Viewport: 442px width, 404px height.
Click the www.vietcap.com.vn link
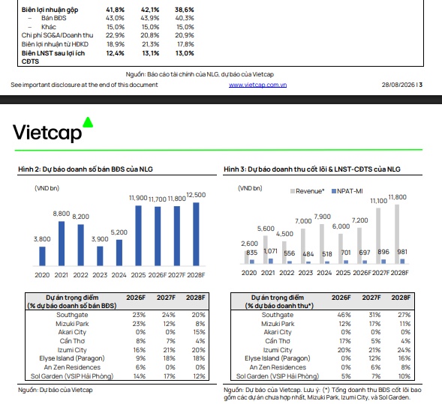click(x=257, y=85)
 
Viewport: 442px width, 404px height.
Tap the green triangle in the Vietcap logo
click(x=88, y=122)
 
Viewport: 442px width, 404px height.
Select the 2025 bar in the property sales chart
click(x=138, y=235)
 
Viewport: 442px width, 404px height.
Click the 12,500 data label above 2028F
click(x=196, y=195)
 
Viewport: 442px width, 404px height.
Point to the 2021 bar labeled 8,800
click(x=62, y=244)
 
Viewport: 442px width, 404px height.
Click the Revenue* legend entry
click(x=308, y=191)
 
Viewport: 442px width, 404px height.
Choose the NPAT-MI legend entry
click(x=347, y=191)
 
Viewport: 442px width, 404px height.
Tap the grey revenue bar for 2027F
click(x=378, y=236)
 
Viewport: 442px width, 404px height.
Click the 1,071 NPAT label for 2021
click(x=271, y=251)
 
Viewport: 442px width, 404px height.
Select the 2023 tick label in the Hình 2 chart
click(x=100, y=275)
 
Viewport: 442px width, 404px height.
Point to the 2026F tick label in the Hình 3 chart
click(x=362, y=273)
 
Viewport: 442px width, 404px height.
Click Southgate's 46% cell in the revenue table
click(x=344, y=315)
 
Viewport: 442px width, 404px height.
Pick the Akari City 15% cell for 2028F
click(x=200, y=332)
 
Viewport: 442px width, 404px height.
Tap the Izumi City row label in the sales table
click(x=72, y=350)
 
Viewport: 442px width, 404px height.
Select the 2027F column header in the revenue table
click(x=371, y=298)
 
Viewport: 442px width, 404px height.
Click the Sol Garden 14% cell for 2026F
click(x=140, y=376)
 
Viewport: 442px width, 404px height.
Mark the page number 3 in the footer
click(x=420, y=85)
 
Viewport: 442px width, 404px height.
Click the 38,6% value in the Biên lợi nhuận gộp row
click(x=185, y=10)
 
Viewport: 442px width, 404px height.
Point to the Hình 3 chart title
click(x=312, y=169)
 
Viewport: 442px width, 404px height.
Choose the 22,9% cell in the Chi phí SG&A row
click(x=115, y=35)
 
